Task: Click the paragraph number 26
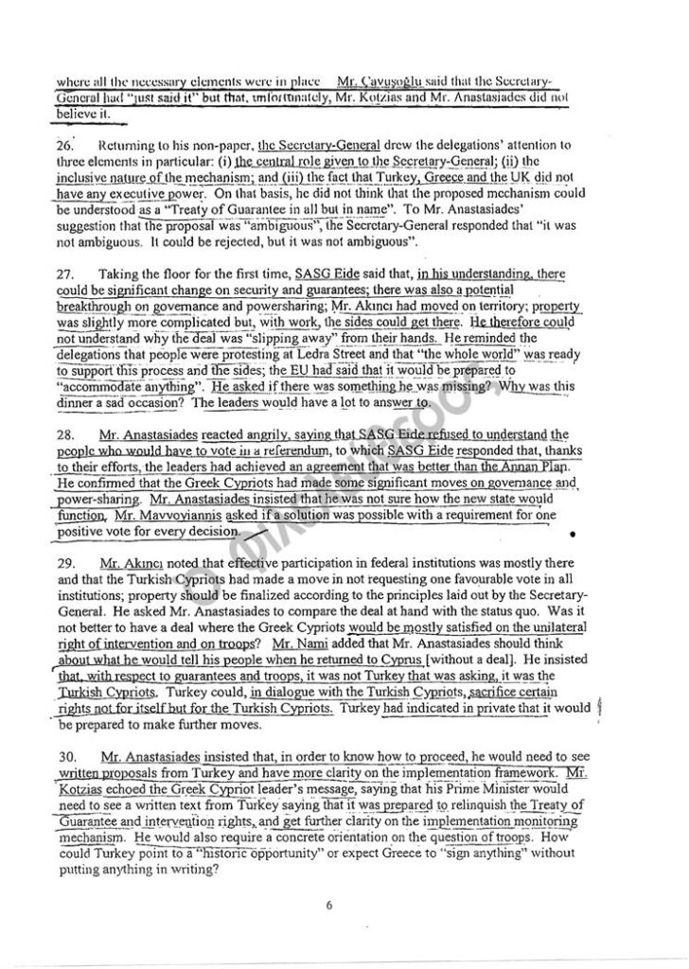[x=64, y=145]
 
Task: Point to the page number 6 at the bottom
[x=328, y=905]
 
